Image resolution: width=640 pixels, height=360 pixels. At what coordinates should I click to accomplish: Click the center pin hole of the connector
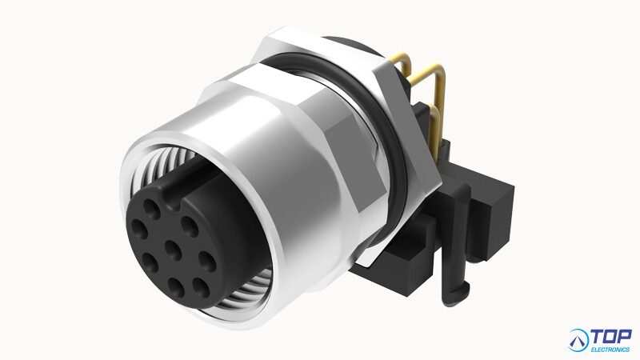click(x=174, y=250)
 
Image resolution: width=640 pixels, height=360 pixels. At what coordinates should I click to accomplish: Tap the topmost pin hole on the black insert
click(x=152, y=209)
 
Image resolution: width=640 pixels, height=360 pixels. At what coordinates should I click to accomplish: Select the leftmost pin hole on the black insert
click(x=138, y=230)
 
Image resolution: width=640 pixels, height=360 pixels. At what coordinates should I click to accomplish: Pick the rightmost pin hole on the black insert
click(x=207, y=262)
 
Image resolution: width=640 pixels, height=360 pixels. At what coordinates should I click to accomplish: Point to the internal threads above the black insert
click(x=163, y=163)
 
